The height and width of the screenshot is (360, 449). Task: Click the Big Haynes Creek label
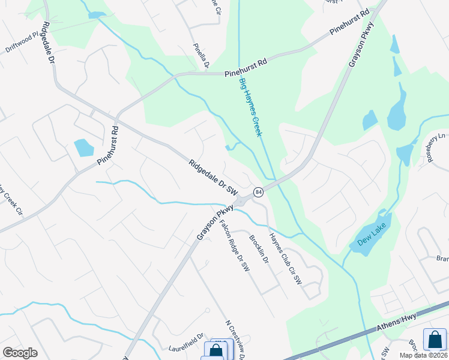[250, 107]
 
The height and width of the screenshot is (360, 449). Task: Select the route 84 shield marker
[258, 192]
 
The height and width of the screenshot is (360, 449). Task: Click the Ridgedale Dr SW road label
[213, 176]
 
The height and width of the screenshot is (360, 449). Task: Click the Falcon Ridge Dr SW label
[235, 247]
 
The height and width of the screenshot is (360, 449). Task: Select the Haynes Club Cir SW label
[285, 259]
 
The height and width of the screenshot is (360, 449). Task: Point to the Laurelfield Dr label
[186, 340]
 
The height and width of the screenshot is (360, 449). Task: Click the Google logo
[20, 353]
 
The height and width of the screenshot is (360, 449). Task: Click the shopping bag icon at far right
[435, 340]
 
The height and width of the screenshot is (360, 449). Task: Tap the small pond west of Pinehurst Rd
[84, 148]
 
